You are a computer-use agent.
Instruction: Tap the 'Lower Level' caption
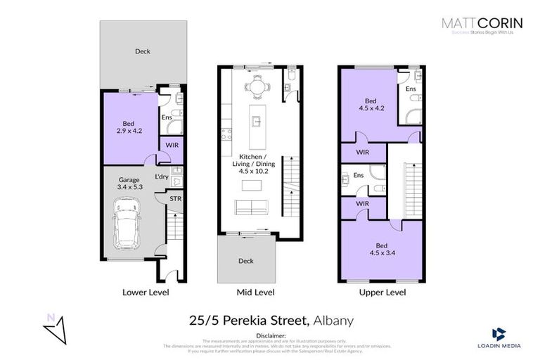145,292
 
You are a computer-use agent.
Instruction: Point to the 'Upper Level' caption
382,292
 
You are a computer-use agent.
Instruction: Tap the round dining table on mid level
255,87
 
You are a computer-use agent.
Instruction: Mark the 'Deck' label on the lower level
143,51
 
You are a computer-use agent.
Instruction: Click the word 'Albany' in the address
333,321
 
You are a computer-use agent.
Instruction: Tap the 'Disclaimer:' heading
270,336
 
